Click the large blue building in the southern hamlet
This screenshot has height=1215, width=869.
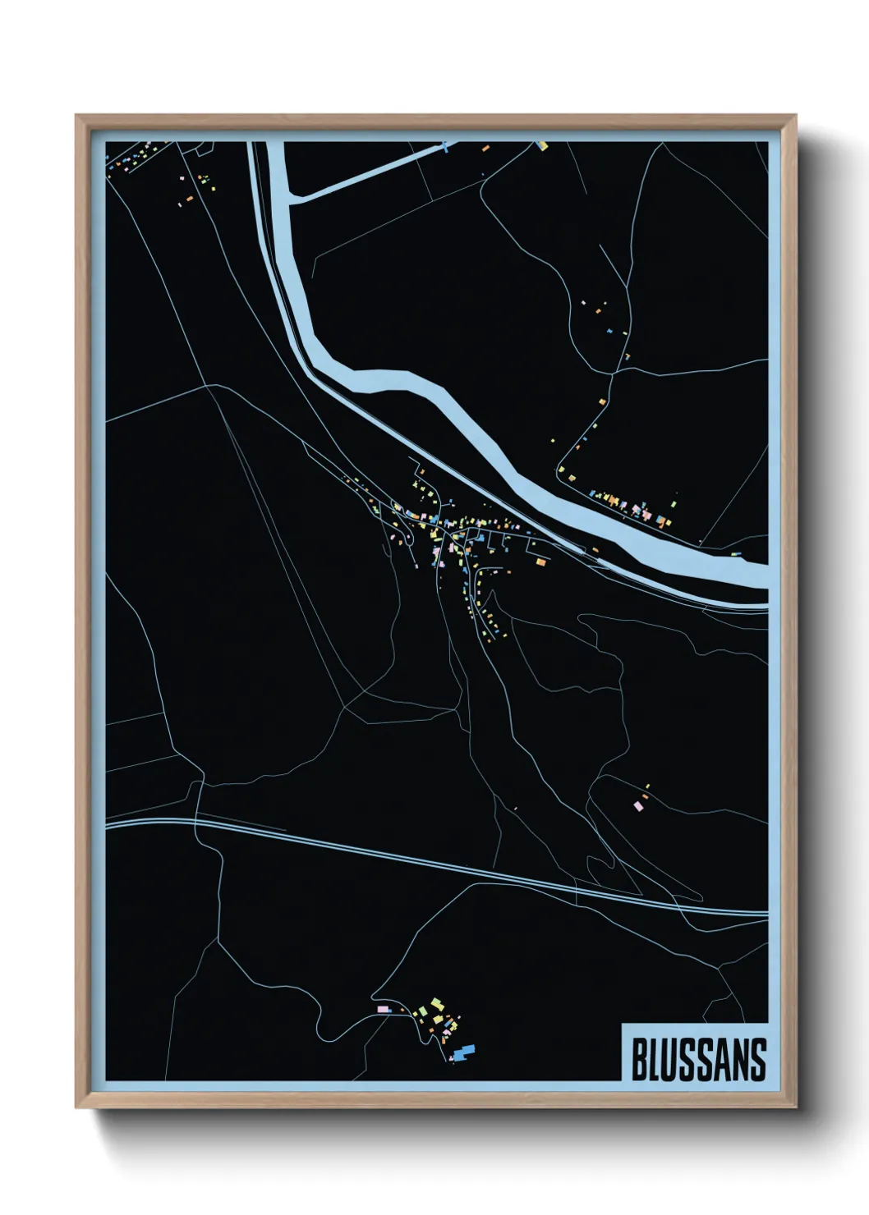[466, 1050]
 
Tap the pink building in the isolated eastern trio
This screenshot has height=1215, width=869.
[638, 806]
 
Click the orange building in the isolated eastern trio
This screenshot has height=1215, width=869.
[644, 796]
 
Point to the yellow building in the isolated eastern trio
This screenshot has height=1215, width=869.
[647, 786]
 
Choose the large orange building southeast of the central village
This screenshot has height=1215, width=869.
[540, 562]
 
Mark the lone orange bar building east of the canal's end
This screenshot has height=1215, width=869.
[485, 149]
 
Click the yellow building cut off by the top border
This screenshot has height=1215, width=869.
[541, 145]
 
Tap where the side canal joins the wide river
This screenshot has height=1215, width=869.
[296, 198]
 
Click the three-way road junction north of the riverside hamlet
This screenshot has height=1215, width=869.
[613, 374]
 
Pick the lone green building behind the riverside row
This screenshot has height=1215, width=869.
[675, 496]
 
